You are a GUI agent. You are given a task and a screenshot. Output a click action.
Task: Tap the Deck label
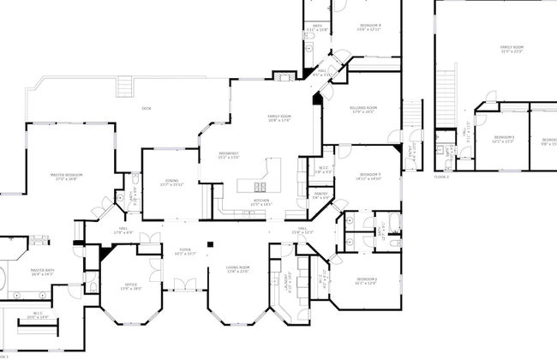[x=146, y=108]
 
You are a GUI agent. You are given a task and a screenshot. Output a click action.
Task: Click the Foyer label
[x=180, y=253]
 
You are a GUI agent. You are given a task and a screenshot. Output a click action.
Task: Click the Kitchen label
[x=262, y=202]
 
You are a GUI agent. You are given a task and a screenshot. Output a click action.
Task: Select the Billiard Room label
[x=364, y=109]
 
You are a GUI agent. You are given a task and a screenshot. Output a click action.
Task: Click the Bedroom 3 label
[x=369, y=175]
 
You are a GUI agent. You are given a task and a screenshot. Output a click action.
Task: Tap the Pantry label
[x=320, y=195]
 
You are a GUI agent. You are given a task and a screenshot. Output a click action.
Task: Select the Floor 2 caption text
[x=441, y=177]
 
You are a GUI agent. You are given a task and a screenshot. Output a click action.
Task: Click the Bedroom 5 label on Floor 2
[x=504, y=139]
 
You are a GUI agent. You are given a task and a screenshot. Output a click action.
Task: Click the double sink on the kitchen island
[x=259, y=187]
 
